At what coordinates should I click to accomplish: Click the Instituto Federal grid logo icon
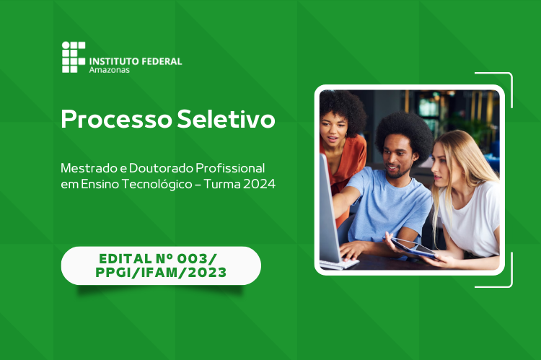(x=74, y=57)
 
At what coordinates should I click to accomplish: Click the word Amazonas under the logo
(x=110, y=70)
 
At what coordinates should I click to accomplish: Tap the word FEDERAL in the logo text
(x=162, y=61)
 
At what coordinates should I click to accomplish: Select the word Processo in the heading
(x=116, y=119)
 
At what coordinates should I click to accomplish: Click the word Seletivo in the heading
(x=226, y=119)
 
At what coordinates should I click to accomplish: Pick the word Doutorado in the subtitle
(x=161, y=168)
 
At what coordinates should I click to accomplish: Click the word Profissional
(x=230, y=168)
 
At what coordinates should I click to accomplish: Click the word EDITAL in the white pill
(x=126, y=258)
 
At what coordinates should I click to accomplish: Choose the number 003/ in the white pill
(x=198, y=258)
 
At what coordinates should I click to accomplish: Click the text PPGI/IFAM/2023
(x=161, y=272)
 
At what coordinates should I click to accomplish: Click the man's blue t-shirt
(x=390, y=203)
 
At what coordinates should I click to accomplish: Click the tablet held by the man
(x=410, y=248)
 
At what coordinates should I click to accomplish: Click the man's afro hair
(x=405, y=133)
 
